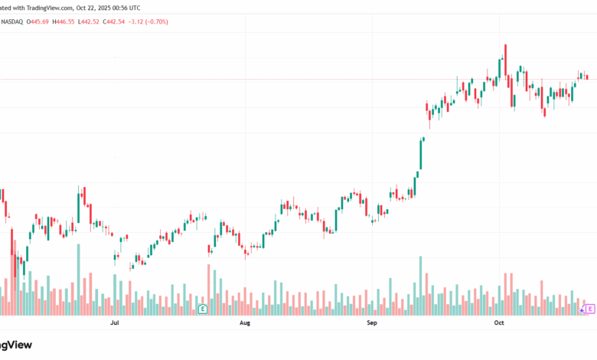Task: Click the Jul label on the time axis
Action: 115,325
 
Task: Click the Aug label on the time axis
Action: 245,325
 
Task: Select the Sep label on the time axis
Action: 372,325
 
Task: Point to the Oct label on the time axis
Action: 499,325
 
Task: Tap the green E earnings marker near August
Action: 203,309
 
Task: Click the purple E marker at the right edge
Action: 590,309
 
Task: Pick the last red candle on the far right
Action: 586,76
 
